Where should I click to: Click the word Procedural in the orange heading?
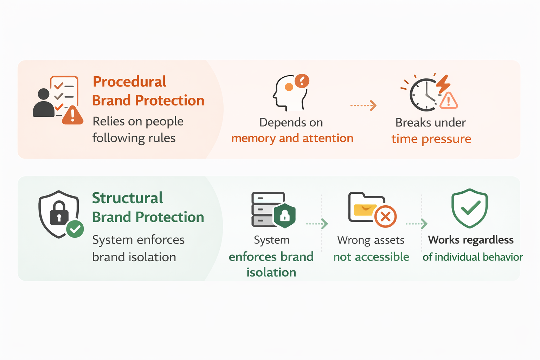point(129,82)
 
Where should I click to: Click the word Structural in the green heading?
point(127,198)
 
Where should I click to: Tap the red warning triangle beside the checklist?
point(73,115)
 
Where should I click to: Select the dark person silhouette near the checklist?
point(43,104)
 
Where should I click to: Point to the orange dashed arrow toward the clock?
point(363,105)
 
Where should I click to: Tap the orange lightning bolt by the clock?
point(443,84)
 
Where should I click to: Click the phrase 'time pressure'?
point(431,139)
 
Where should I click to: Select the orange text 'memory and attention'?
point(292,139)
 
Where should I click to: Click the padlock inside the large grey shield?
point(59,213)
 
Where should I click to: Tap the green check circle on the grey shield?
point(75,229)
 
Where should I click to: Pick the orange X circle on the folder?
point(385,216)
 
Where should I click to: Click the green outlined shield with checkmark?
point(469,208)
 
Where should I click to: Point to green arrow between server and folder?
point(317,224)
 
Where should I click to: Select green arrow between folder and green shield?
point(417,224)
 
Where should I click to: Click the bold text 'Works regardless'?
point(470,240)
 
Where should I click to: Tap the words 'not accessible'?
point(371,257)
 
